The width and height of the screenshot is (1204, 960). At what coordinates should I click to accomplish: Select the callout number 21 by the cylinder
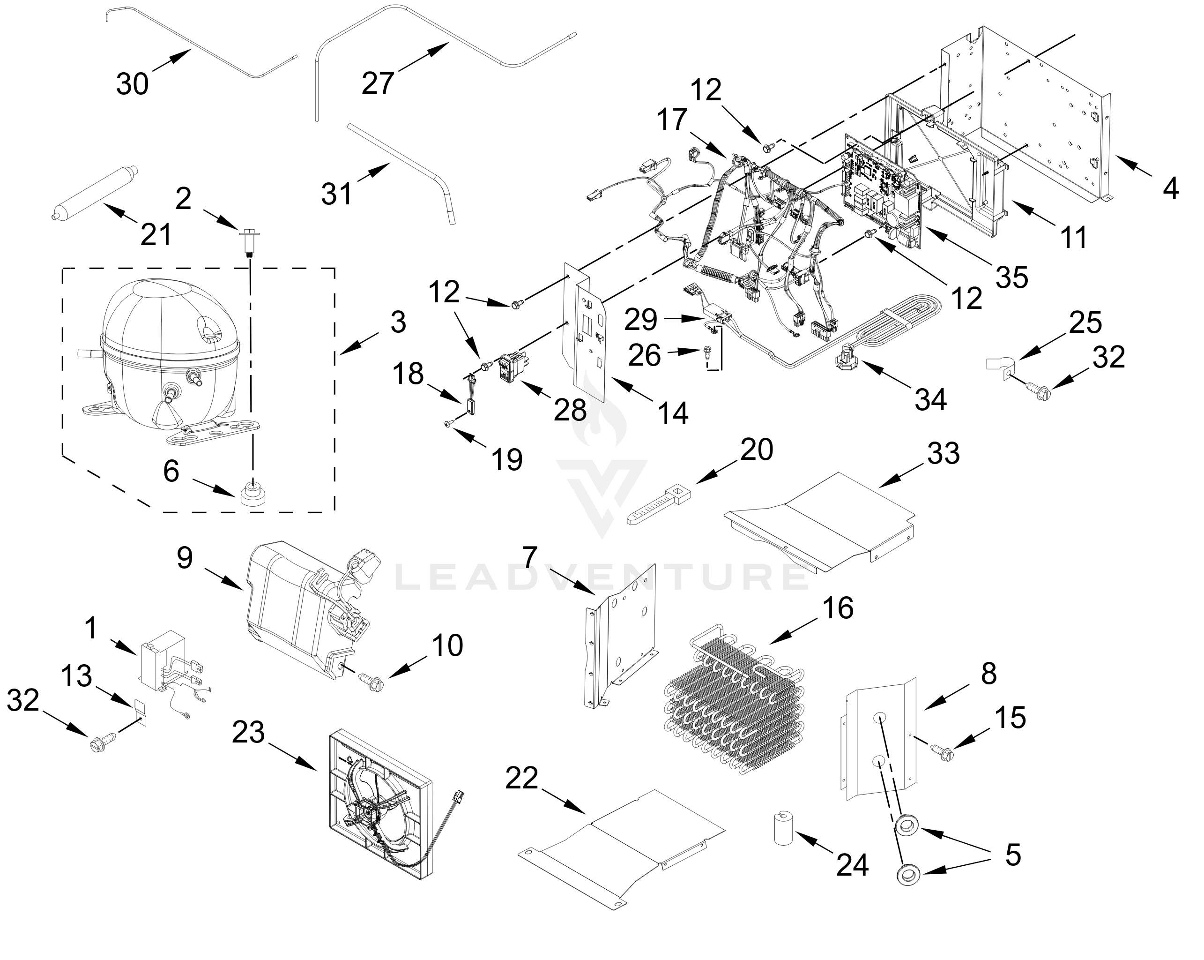point(156,235)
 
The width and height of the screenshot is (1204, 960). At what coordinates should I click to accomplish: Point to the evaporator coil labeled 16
point(735,707)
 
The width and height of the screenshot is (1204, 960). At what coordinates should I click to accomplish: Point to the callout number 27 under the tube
point(378,82)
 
